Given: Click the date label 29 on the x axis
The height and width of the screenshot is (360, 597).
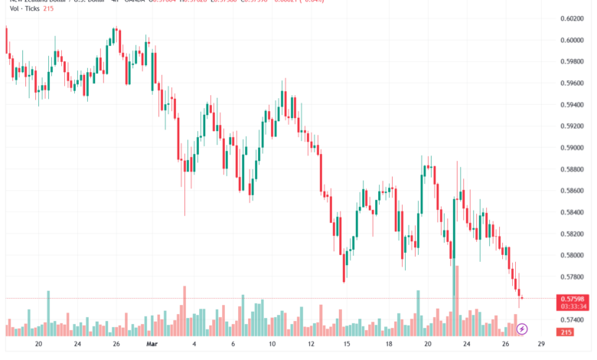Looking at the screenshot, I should pyautogui.click(x=541, y=345).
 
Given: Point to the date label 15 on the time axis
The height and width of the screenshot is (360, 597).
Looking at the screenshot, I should pyautogui.click(x=346, y=345).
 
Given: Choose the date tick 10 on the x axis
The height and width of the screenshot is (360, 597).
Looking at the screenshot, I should pyautogui.click(x=272, y=345).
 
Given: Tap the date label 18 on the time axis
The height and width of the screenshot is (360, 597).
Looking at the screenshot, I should pyautogui.click(x=390, y=345).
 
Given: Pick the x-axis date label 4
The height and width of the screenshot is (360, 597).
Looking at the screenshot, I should pyautogui.click(x=194, y=345).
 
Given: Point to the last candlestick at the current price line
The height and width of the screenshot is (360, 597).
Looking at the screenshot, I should pyautogui.click(x=521, y=295).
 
